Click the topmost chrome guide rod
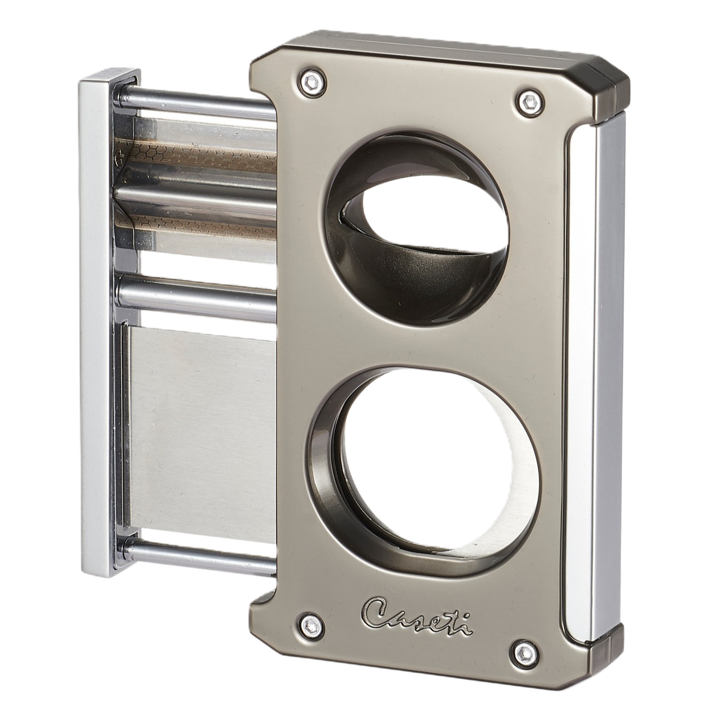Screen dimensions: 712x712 coord(195,103)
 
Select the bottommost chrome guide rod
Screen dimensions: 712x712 coord(195,550)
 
